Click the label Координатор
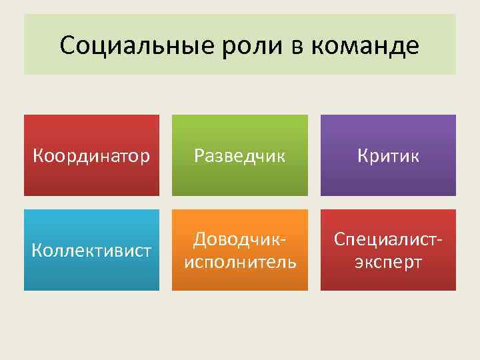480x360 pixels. click(91, 155)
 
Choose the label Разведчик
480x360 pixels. click(239, 155)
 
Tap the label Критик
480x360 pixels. click(388, 155)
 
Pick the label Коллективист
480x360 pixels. click(91, 251)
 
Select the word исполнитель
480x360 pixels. click(240, 262)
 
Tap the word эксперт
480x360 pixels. click(388, 262)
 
